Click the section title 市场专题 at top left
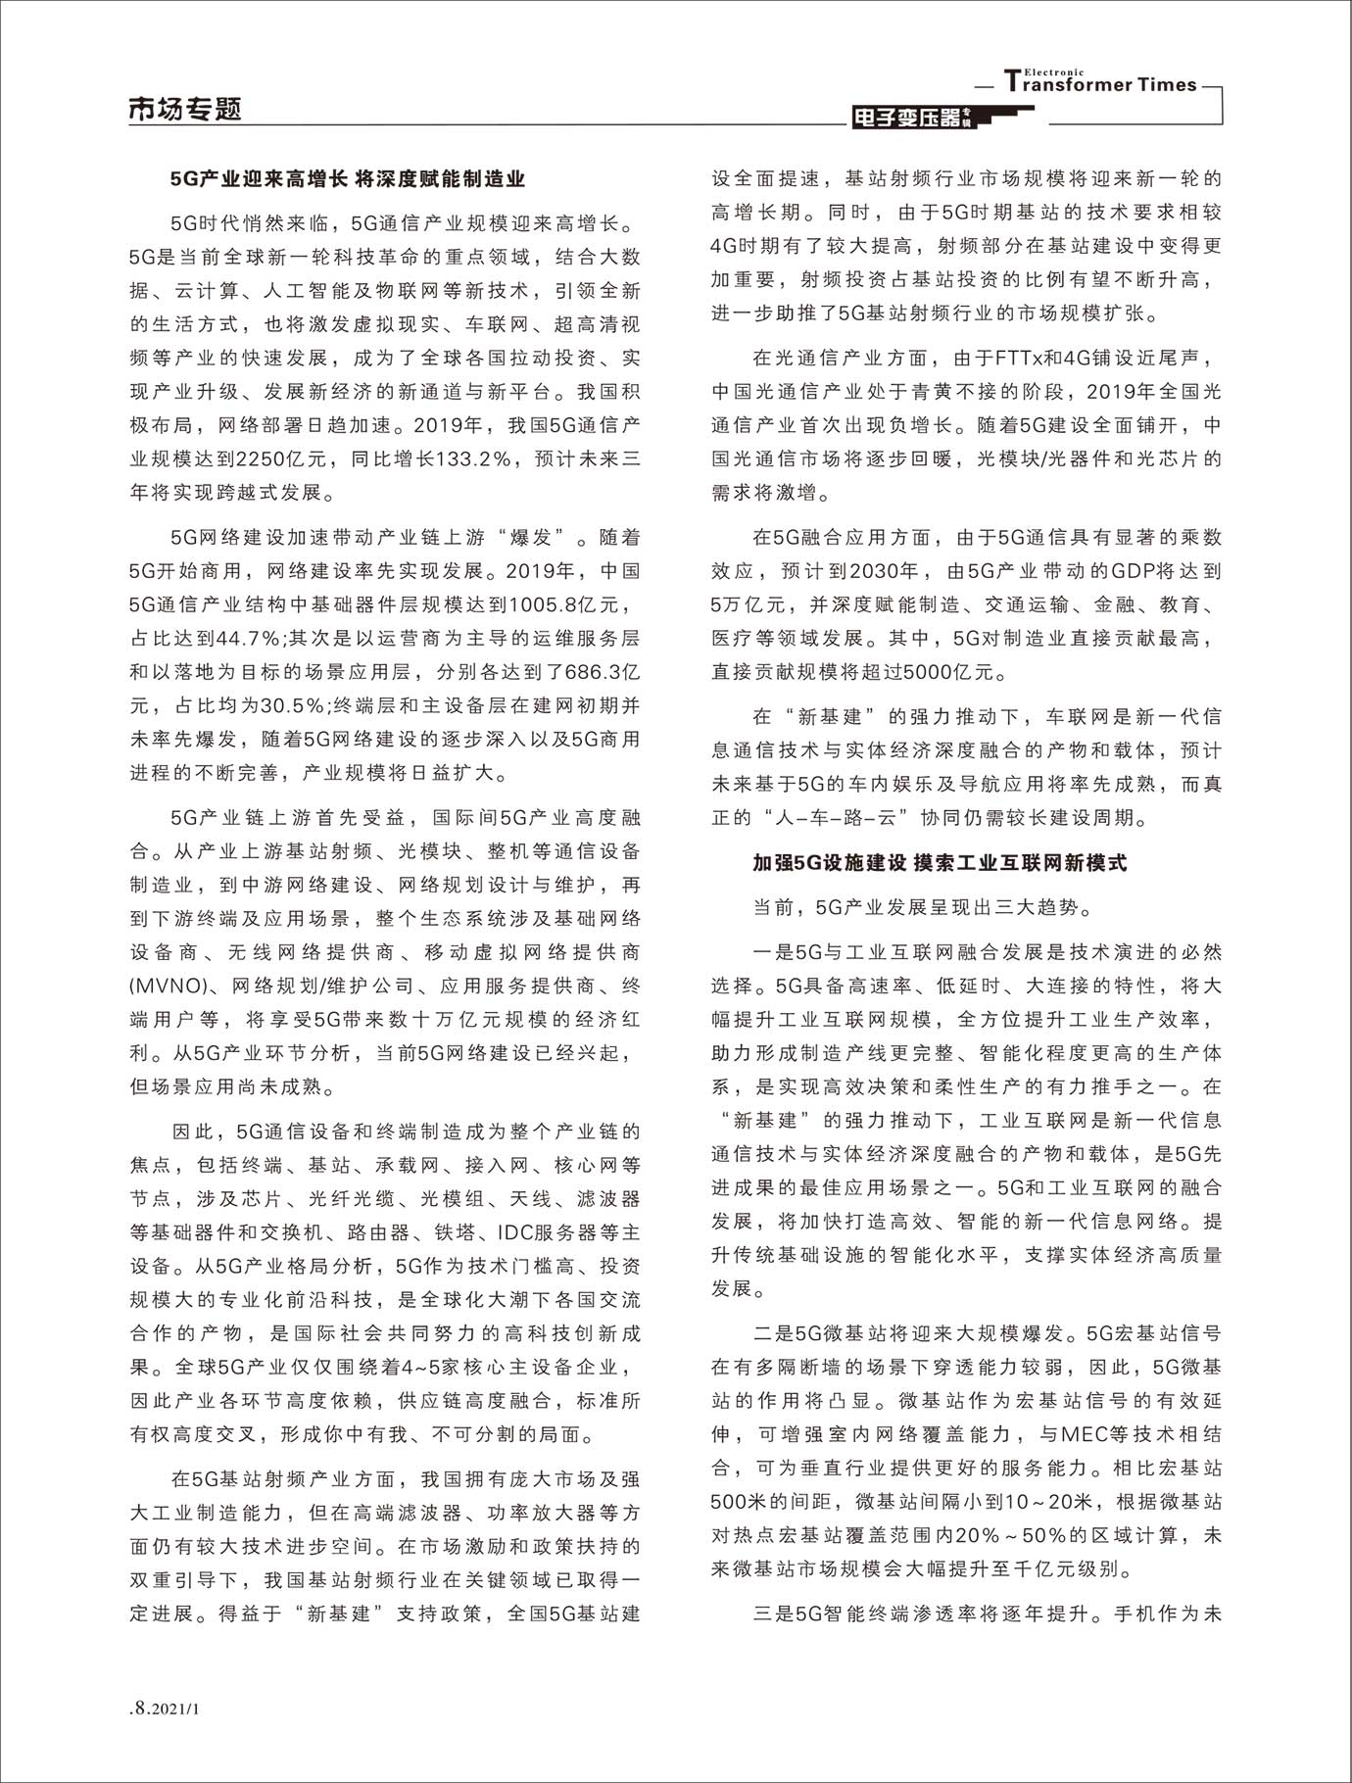pos(185,110)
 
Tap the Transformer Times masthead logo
pos(1100,83)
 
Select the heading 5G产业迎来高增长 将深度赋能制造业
pos(348,179)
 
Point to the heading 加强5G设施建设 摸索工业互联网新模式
pos(940,863)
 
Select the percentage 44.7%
pos(248,639)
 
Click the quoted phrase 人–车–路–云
pos(826,817)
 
